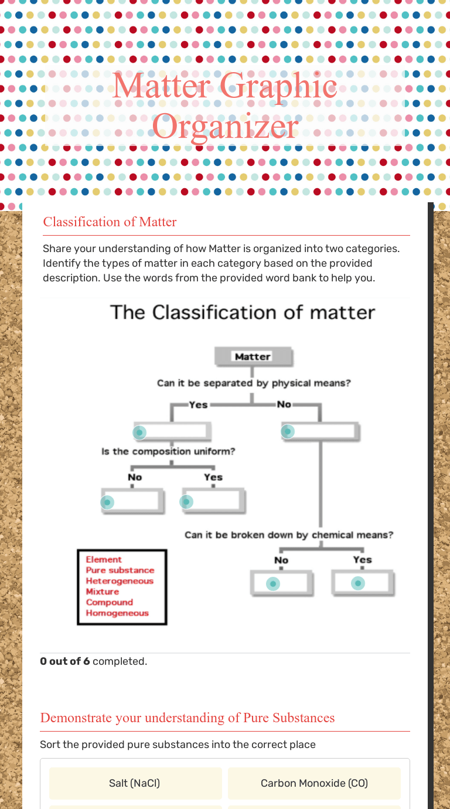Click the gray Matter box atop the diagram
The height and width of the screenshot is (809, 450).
pyautogui.click(x=253, y=356)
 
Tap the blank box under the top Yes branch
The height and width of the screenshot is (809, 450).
pyautogui.click(x=172, y=432)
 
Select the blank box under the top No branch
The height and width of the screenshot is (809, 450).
pyautogui.click(x=320, y=432)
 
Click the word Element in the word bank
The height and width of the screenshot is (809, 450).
pyautogui.click(x=104, y=560)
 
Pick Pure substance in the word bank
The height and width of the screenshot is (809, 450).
pyautogui.click(x=120, y=570)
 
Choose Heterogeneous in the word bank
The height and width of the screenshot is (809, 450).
pyautogui.click(x=120, y=581)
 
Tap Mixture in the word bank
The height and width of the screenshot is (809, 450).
pyautogui.click(x=103, y=592)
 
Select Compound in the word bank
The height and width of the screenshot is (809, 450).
pyautogui.click(x=110, y=602)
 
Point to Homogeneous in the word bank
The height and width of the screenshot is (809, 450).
pyautogui.click(x=117, y=613)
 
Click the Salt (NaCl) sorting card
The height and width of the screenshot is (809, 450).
pyautogui.click(x=135, y=783)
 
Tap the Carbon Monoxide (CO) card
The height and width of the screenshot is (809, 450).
pyautogui.click(x=314, y=783)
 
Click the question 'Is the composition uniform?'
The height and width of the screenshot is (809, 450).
pyautogui.click(x=168, y=451)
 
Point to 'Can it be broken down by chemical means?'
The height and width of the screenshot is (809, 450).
pyautogui.click(x=289, y=535)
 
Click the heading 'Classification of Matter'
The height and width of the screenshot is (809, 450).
pyautogui.click(x=110, y=222)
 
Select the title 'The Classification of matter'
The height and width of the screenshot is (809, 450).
pyautogui.click(x=243, y=312)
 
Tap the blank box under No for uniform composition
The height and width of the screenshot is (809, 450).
pyautogui.click(x=132, y=502)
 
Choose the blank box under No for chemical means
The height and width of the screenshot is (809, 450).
pyautogui.click(x=281, y=583)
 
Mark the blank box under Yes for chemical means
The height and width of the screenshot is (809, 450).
pyautogui.click(x=363, y=583)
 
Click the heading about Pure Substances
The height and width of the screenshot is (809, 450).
pyautogui.click(x=187, y=718)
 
